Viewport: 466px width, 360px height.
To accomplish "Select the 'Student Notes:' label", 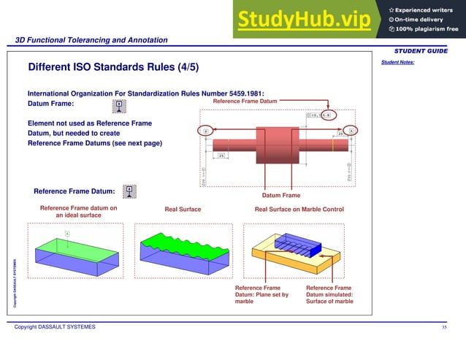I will tap(397, 63).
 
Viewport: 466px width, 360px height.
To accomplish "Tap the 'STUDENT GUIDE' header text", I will tap(421, 50).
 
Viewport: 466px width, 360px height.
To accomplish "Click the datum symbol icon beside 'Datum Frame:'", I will tap(118, 107).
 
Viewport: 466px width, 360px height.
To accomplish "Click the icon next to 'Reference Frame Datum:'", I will tap(129, 191).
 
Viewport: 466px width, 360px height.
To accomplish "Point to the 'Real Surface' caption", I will tap(183, 210).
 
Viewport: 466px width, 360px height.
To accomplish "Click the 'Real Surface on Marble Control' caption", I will tap(298, 210).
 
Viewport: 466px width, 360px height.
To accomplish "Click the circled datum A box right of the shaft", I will tap(351, 131).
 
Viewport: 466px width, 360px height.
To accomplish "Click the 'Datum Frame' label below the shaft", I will tap(281, 195).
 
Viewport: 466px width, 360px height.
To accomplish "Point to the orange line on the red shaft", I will tap(333, 145).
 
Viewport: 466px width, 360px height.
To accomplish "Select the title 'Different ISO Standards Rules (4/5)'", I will tap(112, 68).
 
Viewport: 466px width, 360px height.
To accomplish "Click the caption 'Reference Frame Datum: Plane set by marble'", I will tap(261, 294).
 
